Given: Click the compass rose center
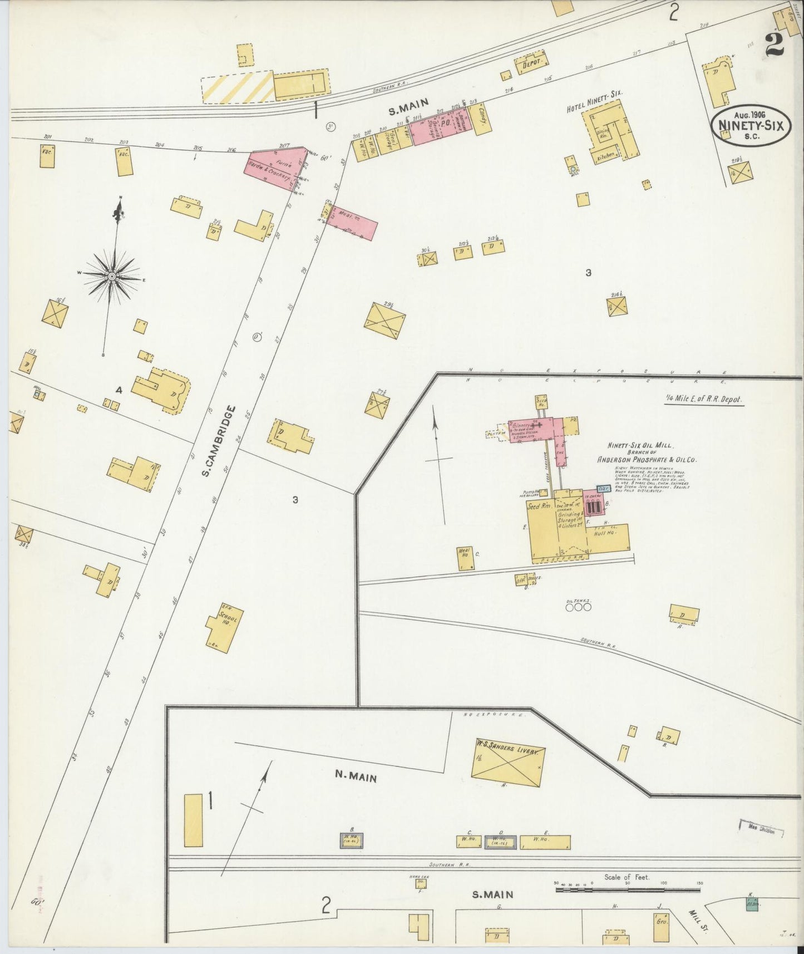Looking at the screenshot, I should click(112, 277).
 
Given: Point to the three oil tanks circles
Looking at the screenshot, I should click(578, 607).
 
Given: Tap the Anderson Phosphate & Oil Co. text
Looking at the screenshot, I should click(647, 460).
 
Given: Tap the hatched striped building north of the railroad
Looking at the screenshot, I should click(237, 86).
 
